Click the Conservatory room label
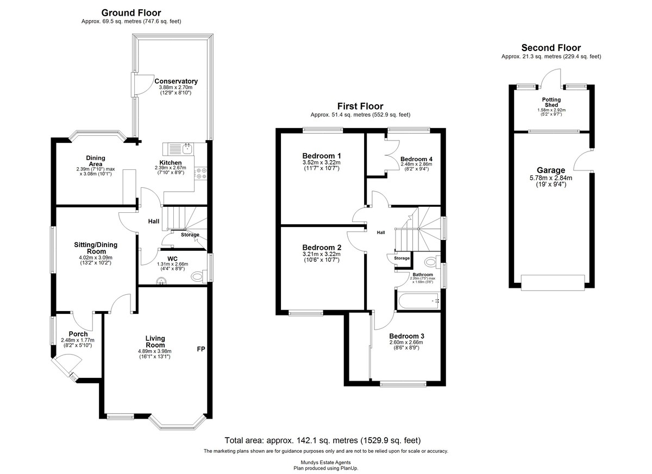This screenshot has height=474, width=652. tap(176, 81)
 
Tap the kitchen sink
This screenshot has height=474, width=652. tap(187, 149)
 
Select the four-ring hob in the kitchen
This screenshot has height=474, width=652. tap(201, 173)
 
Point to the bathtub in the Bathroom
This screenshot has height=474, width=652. tap(418, 301)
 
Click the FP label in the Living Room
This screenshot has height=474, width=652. tap(201, 349)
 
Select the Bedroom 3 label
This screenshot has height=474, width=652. tap(406, 336)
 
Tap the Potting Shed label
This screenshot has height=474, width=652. tap(551, 102)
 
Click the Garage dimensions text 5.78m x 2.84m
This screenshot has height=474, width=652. tap(551, 178)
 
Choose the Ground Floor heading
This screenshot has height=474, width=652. tap(131, 13)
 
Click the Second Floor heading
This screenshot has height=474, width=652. tap(551, 48)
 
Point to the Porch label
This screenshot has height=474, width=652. tap(78, 334)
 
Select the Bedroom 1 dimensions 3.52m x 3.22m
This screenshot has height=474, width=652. tap(321, 162)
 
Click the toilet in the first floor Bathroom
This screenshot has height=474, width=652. tap(432, 261)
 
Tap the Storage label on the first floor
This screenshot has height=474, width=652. tap(402, 258)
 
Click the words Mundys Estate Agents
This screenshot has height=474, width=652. tap(325, 463)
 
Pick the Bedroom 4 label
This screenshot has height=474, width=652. tap(416, 159)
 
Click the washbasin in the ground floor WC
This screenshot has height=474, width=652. tap(161, 281)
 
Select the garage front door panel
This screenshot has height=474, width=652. tap(553, 283)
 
